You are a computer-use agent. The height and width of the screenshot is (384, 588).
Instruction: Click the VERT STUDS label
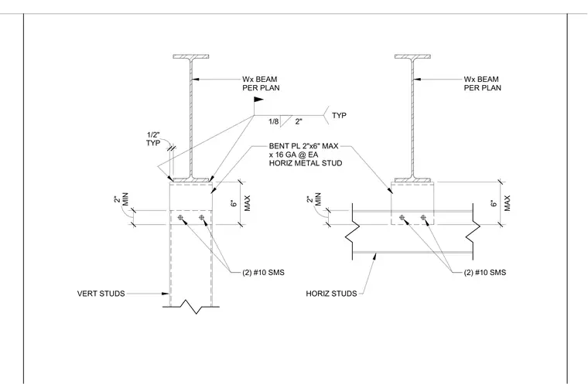pyautogui.click(x=101, y=294)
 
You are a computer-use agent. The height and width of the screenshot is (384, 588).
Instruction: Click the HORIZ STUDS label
pyautogui.click(x=331, y=294)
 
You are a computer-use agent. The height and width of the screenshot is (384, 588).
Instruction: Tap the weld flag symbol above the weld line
pyautogui.click(x=258, y=100)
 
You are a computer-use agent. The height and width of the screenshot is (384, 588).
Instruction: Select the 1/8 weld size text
pyautogui.click(x=274, y=122)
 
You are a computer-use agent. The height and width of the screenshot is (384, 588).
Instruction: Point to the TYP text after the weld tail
pyautogui.click(x=339, y=115)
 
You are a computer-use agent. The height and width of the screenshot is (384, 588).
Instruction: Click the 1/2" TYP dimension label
pyautogui.click(x=153, y=139)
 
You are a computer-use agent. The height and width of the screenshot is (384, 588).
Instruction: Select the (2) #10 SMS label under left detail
pyautogui.click(x=263, y=273)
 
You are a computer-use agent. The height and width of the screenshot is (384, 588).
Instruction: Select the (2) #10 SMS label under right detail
pyautogui.click(x=485, y=273)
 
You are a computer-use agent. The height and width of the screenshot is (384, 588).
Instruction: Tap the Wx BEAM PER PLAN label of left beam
pyautogui.click(x=261, y=83)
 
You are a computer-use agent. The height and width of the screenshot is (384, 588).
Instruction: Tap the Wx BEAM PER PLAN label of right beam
pyautogui.click(x=483, y=83)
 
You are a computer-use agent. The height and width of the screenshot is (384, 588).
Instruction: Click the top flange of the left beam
pyautogui.click(x=191, y=56)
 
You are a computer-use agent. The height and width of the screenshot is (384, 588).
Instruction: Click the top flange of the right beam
pyautogui.click(x=412, y=56)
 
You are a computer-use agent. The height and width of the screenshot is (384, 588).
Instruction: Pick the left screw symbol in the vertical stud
pyautogui.click(x=180, y=218)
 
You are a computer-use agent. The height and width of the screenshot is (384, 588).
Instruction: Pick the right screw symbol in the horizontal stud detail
pyautogui.click(x=423, y=217)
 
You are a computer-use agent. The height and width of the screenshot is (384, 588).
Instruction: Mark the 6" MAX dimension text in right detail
pyautogui.click(x=501, y=203)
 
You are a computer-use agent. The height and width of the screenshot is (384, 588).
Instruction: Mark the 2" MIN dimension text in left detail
pyautogui.click(x=121, y=199)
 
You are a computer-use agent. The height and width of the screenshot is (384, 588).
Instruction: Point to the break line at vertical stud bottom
pyautogui.click(x=191, y=307)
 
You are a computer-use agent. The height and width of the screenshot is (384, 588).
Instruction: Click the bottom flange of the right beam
pyautogui.click(x=412, y=180)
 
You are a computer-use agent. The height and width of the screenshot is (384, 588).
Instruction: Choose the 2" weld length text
pyautogui.click(x=299, y=122)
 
